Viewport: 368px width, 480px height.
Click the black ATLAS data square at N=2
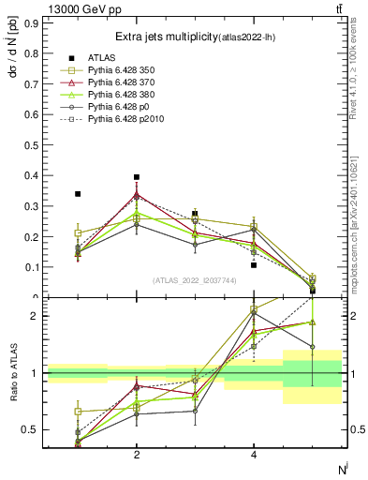coord(137,176)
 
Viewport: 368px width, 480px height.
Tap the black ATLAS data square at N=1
coord(78,194)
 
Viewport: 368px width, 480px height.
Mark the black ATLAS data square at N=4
coord(254,264)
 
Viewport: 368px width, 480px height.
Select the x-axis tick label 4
coord(254,455)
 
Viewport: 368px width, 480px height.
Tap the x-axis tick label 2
coord(137,455)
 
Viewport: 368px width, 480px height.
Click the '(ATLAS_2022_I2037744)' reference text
coord(195,280)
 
